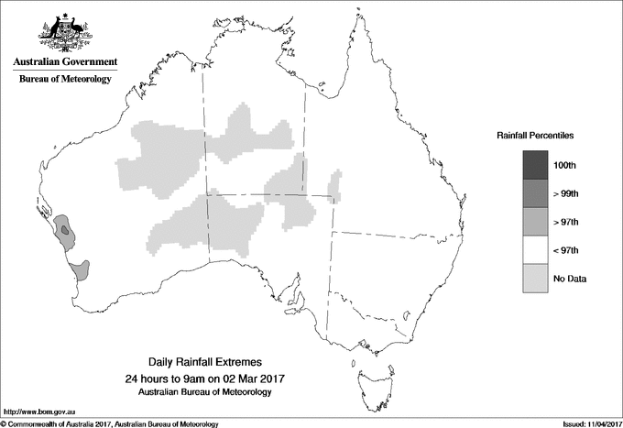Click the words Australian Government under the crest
[64, 62]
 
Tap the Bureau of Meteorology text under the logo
[64, 80]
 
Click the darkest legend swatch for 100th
[534, 165]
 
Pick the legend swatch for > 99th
[534, 193]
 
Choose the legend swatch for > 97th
[534, 222]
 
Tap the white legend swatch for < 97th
[534, 250]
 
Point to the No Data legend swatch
[534, 279]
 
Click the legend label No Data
[570, 279]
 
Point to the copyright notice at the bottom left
[110, 423]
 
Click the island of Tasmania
[367, 376]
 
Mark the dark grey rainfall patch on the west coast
[65, 230]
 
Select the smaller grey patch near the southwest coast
[81, 269]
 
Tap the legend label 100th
[565, 165]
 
